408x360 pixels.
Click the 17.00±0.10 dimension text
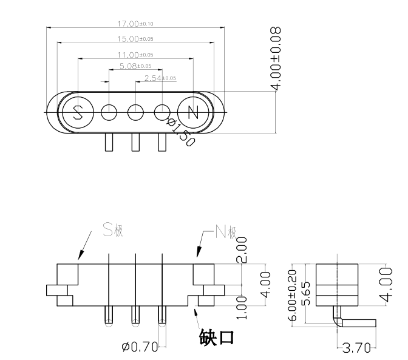(135, 24)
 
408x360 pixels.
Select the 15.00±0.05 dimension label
(135, 39)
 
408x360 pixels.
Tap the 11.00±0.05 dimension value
(135, 55)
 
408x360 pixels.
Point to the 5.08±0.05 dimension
(135, 66)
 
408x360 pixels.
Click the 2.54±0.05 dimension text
(160, 78)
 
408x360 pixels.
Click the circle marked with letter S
(78, 112)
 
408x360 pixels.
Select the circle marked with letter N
(193, 112)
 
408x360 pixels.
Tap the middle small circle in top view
(135, 112)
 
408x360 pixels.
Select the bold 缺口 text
(217, 336)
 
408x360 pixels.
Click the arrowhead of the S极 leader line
(79, 259)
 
